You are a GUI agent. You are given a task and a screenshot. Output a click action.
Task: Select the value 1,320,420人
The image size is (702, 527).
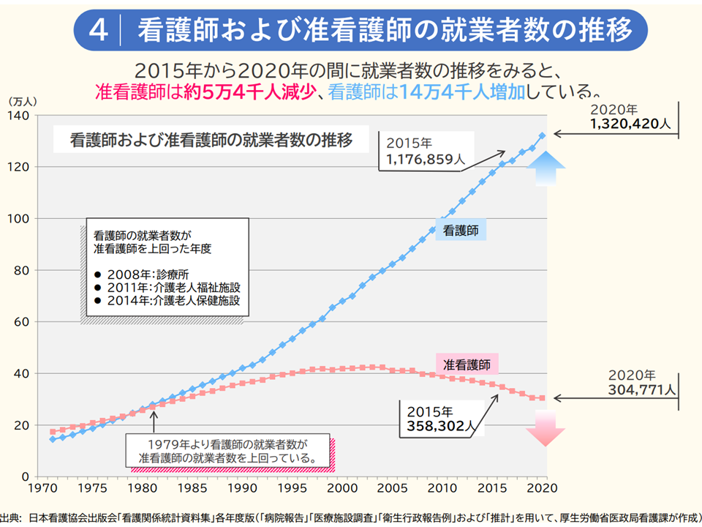click(630, 125)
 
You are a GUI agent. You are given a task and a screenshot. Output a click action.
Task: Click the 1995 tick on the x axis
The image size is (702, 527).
click(292, 487)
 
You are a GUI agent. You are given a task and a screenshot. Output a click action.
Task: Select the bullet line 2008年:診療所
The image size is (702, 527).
click(136, 274)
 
